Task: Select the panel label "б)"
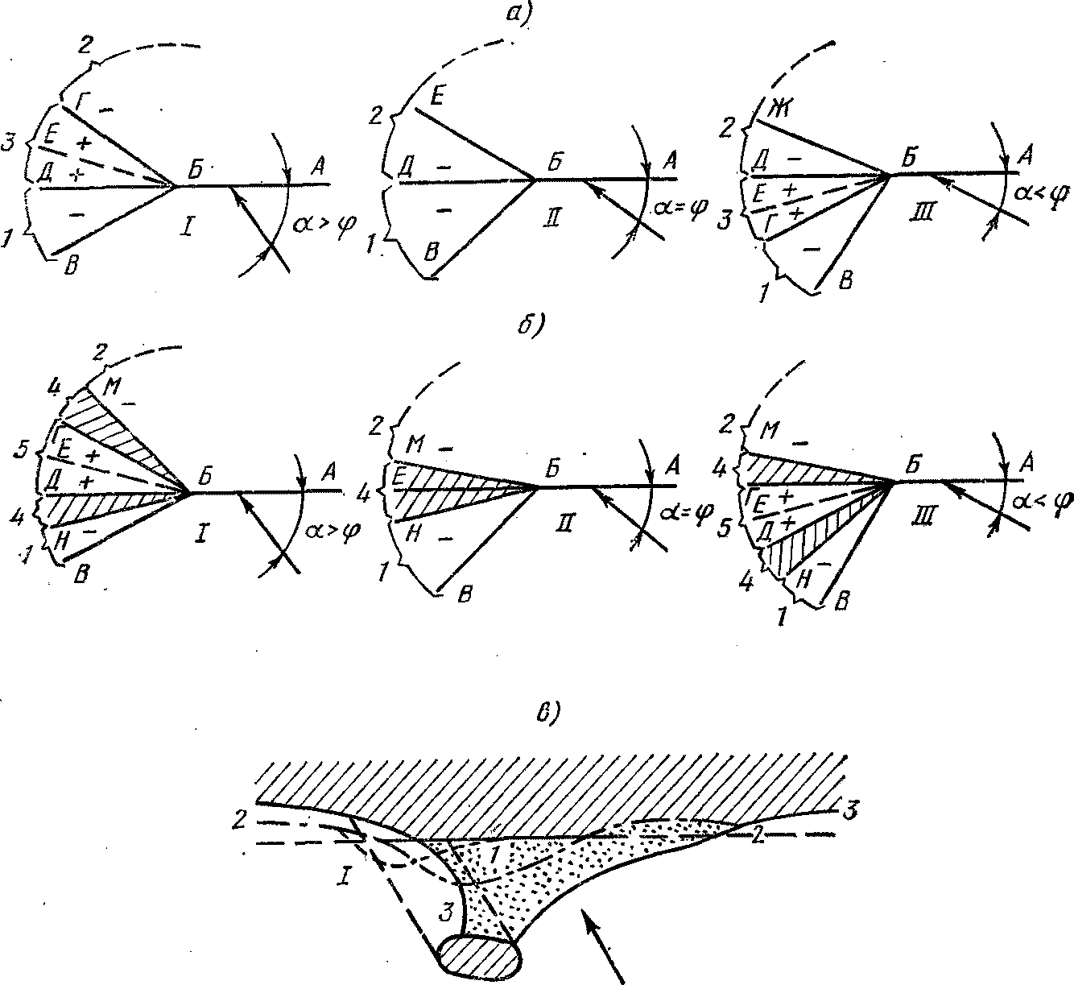534,325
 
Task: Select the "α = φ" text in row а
681,209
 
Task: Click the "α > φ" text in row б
334,532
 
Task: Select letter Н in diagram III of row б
800,577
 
